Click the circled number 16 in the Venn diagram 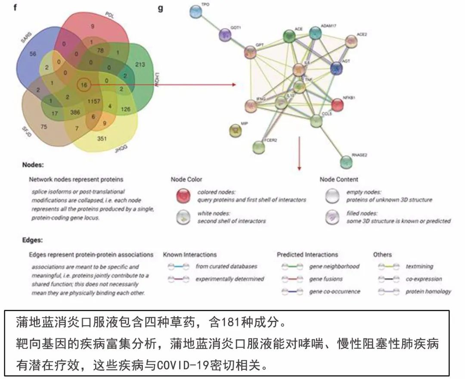[84, 85]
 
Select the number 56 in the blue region [33, 54]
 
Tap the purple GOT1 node [225, 35]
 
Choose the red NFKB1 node [338, 105]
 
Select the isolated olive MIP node [235, 129]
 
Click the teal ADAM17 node [316, 33]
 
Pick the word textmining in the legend [419, 267]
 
